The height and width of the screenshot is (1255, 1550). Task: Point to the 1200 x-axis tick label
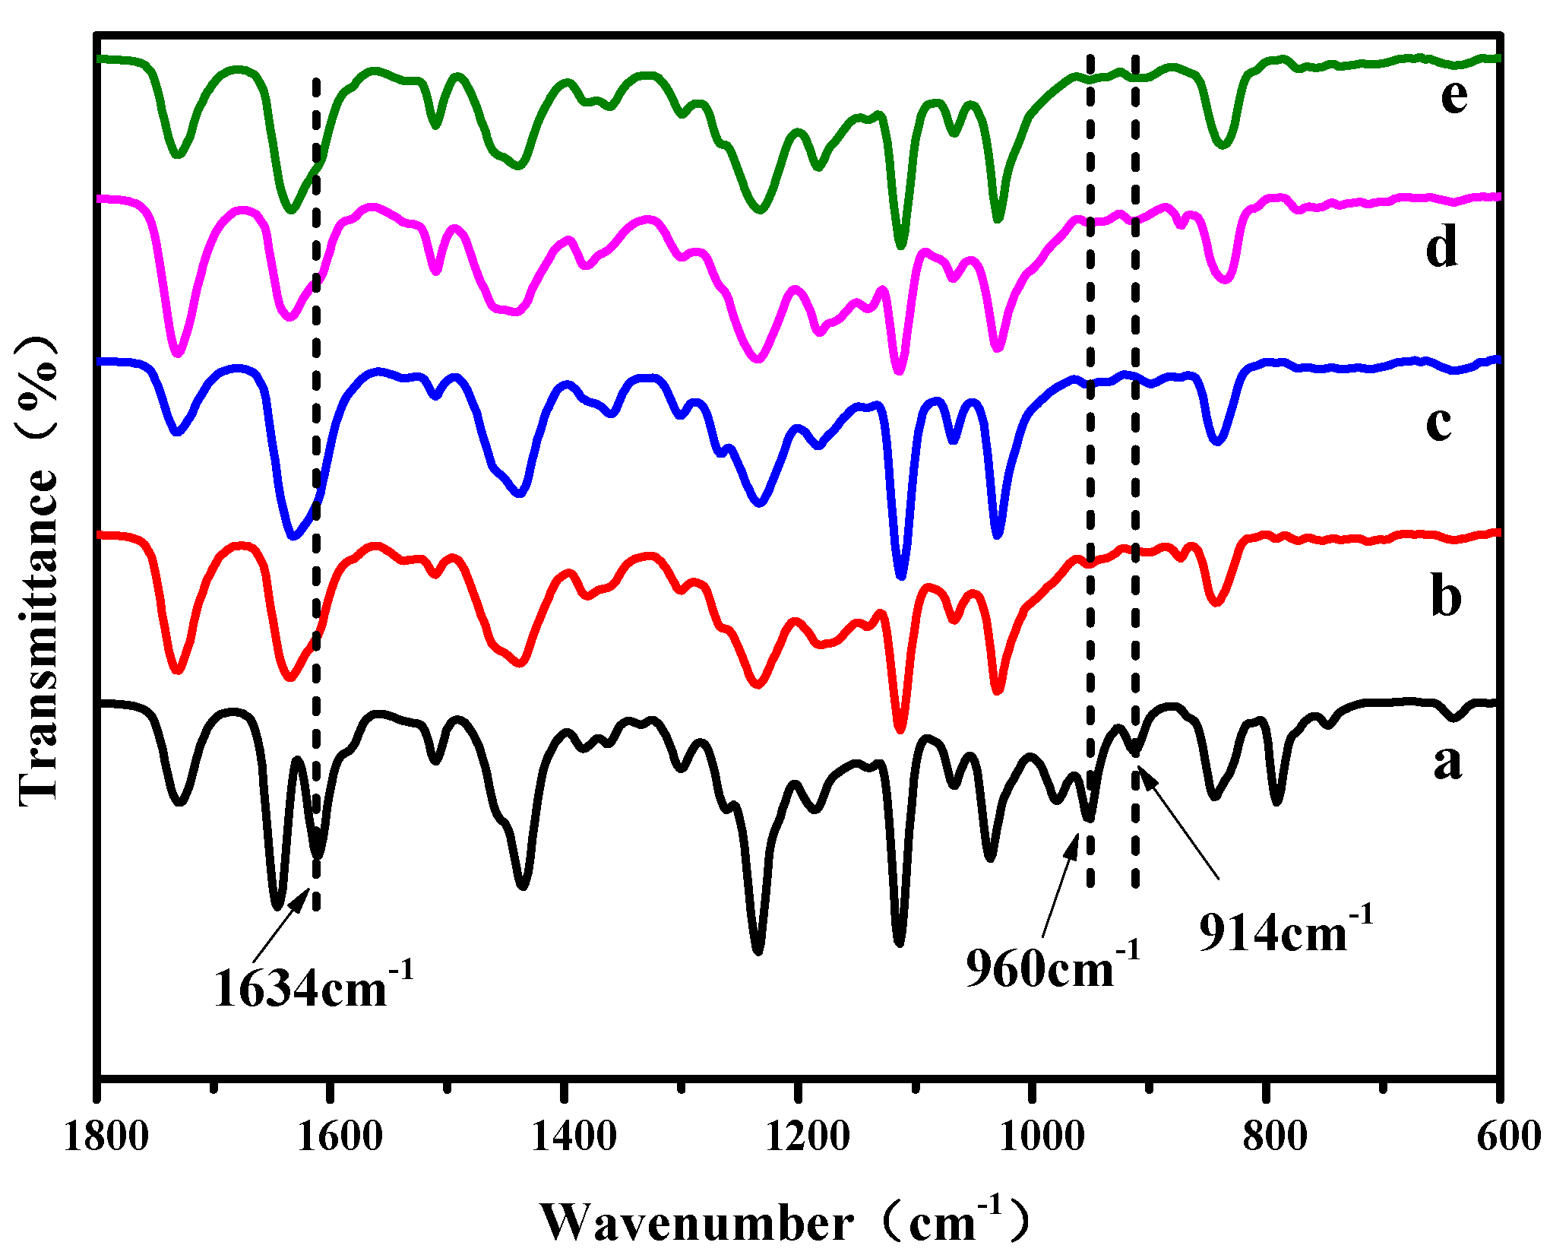click(x=807, y=1138)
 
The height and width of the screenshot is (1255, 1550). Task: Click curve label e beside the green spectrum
click(x=1454, y=97)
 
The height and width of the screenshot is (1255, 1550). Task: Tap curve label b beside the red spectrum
click(x=1445, y=596)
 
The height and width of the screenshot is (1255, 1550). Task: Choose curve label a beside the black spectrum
click(x=1447, y=761)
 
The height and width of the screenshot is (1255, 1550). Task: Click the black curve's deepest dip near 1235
click(x=757, y=950)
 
